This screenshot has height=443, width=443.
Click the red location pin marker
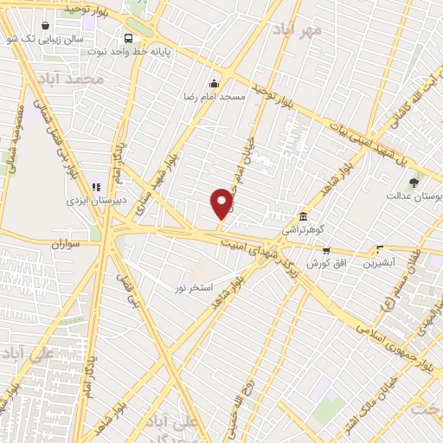coord(221,203)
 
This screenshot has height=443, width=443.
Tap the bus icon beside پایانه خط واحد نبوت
coord(128,38)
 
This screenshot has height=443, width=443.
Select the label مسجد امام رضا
coord(214,97)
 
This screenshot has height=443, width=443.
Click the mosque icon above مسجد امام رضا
coord(214,84)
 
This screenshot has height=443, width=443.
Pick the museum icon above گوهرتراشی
coord(303,216)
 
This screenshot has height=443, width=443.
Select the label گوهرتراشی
coord(302,230)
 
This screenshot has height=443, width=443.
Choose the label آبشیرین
coord(379,260)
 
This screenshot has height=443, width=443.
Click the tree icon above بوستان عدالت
coord(413,183)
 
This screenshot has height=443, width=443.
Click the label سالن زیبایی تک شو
coord(34,39)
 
